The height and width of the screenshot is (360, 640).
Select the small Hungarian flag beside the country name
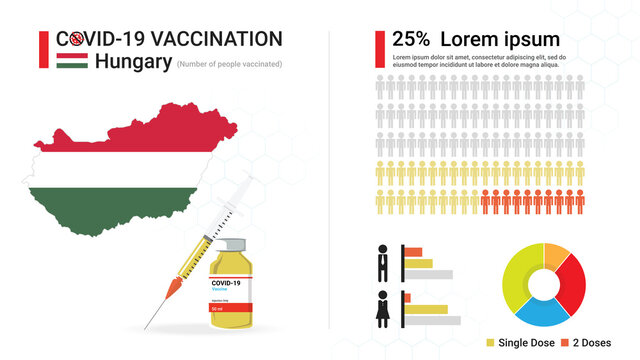point(71,62)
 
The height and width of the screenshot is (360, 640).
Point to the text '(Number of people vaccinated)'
point(229,64)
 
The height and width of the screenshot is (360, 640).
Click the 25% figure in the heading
point(411,39)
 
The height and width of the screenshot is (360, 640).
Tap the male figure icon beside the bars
point(383,262)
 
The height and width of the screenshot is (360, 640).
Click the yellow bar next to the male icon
point(419,263)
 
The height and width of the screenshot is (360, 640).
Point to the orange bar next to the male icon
point(412,251)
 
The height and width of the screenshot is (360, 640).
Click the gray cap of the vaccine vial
point(233,245)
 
